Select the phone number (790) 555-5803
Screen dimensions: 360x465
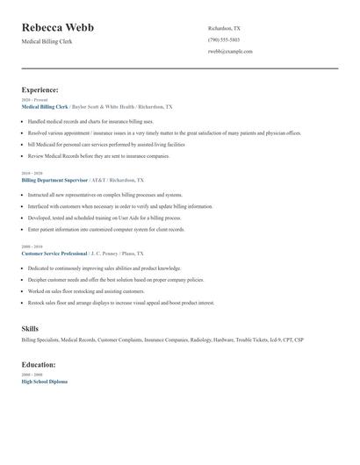pyautogui.click(x=224, y=40)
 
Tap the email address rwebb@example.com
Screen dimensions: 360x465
pyautogui.click(x=230, y=52)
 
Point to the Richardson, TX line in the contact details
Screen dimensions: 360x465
pyautogui.click(x=224, y=29)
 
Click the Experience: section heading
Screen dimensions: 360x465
pyautogui.click(x=40, y=89)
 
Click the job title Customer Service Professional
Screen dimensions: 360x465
pyautogui.click(x=54, y=253)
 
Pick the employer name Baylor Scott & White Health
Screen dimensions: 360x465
pyautogui.click(x=107, y=105)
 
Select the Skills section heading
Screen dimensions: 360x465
pyautogui.click(x=30, y=328)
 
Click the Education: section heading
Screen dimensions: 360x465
pyautogui.click(x=39, y=364)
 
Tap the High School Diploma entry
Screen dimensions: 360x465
pyautogui.click(x=44, y=382)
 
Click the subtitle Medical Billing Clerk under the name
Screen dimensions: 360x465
pyautogui.click(x=47, y=41)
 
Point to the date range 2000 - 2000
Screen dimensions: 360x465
pyautogui.click(x=32, y=375)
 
